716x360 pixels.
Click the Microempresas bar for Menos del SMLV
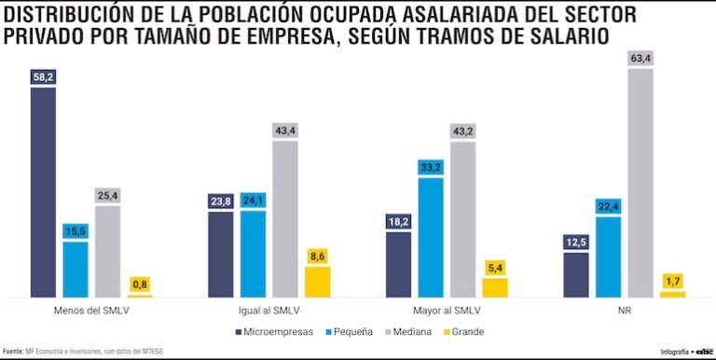tap(43, 192)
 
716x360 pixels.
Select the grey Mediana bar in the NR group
tap(640, 183)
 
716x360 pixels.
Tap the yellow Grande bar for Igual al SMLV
tap(318, 282)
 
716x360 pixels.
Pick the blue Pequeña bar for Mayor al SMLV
tap(431, 237)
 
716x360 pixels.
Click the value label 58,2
tap(43, 77)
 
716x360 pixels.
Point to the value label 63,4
tap(640, 59)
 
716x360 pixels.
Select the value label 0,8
tap(141, 284)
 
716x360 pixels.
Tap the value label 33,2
tap(431, 167)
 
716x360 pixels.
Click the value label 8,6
tap(318, 255)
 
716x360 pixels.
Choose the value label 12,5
tap(575, 242)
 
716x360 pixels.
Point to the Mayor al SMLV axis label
tap(447, 310)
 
